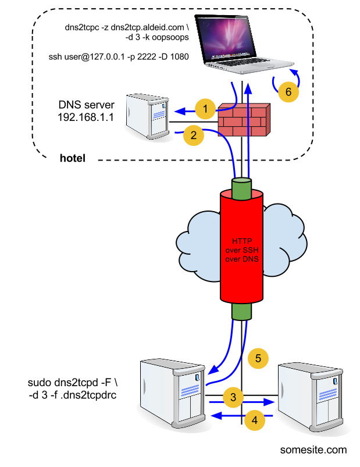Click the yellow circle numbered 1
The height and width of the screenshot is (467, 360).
pos(205,109)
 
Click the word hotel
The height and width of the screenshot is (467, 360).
pos(73,158)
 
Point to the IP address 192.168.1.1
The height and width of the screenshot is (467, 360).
pos(85,117)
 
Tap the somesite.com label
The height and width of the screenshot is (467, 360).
pos(313,450)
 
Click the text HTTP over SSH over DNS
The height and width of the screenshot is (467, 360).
pos(241,250)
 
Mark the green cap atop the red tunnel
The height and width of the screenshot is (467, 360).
pos(242,188)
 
